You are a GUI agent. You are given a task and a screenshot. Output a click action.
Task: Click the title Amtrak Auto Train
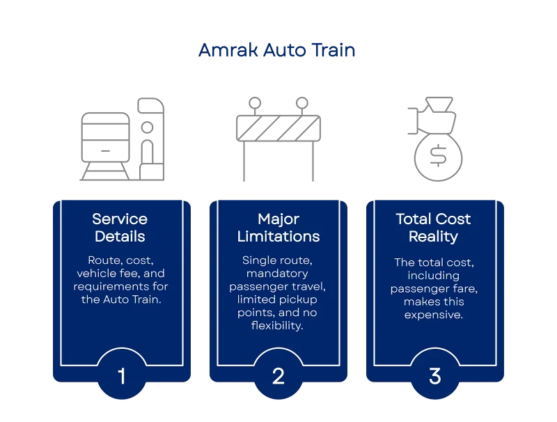pos(276,51)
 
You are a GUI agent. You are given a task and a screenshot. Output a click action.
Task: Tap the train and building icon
pos(122,140)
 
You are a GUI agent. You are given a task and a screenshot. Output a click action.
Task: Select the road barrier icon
pos(278,140)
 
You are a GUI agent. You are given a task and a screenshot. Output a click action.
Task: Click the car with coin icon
pos(435,140)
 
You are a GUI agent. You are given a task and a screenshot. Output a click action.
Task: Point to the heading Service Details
pos(120,228)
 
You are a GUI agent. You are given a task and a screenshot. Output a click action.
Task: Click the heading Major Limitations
pos(278,228)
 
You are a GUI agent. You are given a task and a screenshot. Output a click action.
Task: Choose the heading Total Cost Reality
pos(433,228)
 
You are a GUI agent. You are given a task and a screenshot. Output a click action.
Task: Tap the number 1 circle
pos(122,377)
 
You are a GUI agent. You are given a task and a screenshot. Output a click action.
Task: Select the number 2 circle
pos(278,377)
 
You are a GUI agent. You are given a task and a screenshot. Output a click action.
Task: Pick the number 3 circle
pos(435,377)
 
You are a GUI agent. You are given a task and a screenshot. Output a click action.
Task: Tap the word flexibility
pos(278,326)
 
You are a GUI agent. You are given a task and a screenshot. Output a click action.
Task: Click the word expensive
pos(433,315)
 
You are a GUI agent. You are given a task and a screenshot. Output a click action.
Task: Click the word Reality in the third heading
pos(433,237)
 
